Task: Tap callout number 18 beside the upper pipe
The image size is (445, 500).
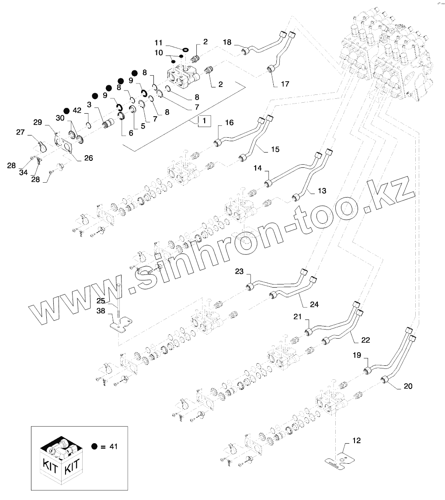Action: (227, 42)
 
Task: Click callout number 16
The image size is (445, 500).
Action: (229, 123)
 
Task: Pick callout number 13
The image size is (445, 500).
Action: (322, 191)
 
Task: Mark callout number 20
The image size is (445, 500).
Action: (407, 386)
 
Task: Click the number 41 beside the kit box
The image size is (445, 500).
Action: (113, 446)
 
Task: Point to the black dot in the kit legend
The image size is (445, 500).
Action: (94, 446)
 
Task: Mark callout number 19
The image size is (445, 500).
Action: (357, 356)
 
